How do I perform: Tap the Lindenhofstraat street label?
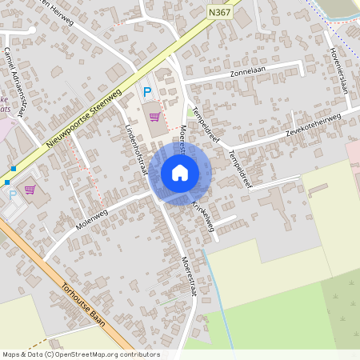tap(137, 149)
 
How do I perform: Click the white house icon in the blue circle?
tap(180, 172)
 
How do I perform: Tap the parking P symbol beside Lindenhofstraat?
tap(146, 92)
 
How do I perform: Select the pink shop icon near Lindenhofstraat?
tap(154, 116)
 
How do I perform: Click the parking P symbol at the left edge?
tap(12, 194)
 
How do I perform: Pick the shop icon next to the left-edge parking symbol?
tap(30, 190)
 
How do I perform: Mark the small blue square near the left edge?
tap(14, 169)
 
